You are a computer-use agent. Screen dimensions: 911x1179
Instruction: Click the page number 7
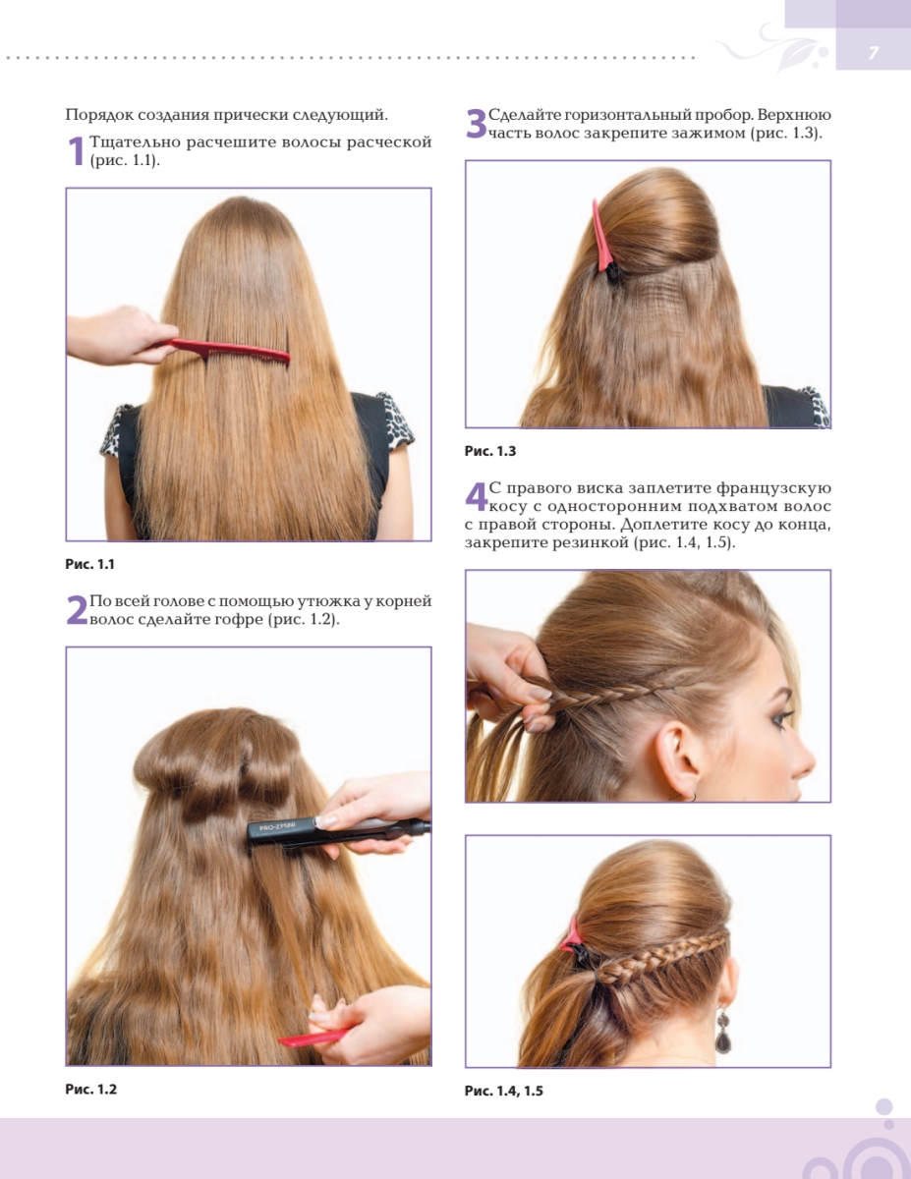coord(873,53)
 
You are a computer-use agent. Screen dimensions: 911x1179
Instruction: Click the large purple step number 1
coord(77,151)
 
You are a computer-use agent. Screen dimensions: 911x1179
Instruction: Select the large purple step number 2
coord(77,610)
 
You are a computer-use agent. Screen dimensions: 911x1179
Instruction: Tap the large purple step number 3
coord(477,124)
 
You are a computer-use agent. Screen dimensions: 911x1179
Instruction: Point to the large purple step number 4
coord(477,497)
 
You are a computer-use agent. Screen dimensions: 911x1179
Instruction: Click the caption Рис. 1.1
coord(90,564)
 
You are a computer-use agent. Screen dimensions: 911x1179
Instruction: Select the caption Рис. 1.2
coord(91,1089)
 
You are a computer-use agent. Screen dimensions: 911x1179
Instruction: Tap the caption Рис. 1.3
coord(490,451)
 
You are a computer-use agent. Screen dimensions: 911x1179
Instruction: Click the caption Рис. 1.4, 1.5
coord(503,1091)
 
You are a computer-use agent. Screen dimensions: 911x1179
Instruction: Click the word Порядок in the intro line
coord(98,116)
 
